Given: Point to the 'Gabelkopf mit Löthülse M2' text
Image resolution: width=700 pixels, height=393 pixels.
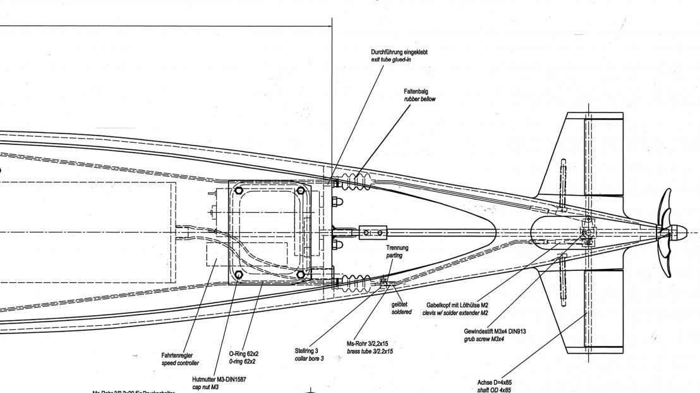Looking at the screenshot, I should coord(457,305).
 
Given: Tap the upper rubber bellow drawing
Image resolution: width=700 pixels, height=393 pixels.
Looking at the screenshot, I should coord(355,181).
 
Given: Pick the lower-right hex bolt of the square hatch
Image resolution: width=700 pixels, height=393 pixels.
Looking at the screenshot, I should coord(301,275).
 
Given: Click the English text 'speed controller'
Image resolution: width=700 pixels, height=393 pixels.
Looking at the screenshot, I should coord(180,363).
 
